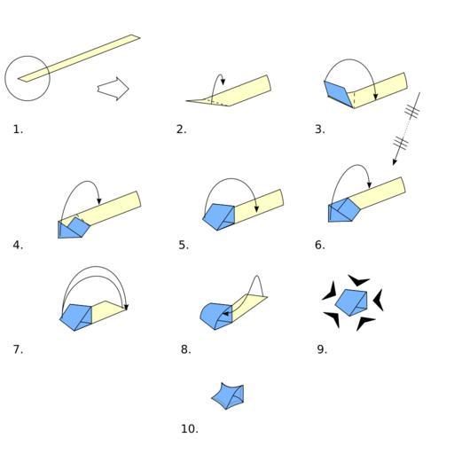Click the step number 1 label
tap(18, 129)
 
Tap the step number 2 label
tap(182, 129)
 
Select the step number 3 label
tap(320, 129)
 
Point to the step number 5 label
tap(184, 245)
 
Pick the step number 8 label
tap(186, 349)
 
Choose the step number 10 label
tap(190, 428)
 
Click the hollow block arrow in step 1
tap(113, 89)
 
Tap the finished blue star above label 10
tap(228, 396)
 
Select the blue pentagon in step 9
tap(352, 302)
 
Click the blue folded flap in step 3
tap(338, 93)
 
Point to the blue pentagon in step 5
tap(219, 217)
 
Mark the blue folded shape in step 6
tap(344, 210)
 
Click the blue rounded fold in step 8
tap(215, 317)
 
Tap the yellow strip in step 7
tap(108, 312)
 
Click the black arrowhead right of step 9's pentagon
tap(379, 300)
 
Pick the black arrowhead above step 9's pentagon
tap(358, 280)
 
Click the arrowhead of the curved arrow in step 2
tap(223, 82)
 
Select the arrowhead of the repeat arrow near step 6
tap(395, 162)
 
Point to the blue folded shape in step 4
tap(74, 228)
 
